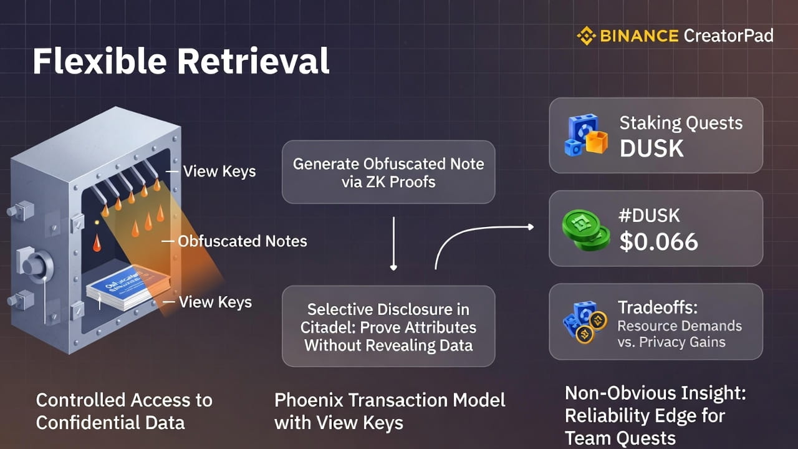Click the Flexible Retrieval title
point(181,61)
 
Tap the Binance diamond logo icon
point(587,36)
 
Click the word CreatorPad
point(728,36)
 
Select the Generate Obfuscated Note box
point(388,172)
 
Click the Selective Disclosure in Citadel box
point(388,326)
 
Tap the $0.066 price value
point(658,241)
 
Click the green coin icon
point(585,229)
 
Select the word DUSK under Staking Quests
point(651,148)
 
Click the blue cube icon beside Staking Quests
point(585,135)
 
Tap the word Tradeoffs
point(656,307)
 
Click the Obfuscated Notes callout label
point(243,241)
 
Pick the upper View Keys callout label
point(219,171)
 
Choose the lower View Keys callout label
point(215,302)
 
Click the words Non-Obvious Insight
point(655,393)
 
